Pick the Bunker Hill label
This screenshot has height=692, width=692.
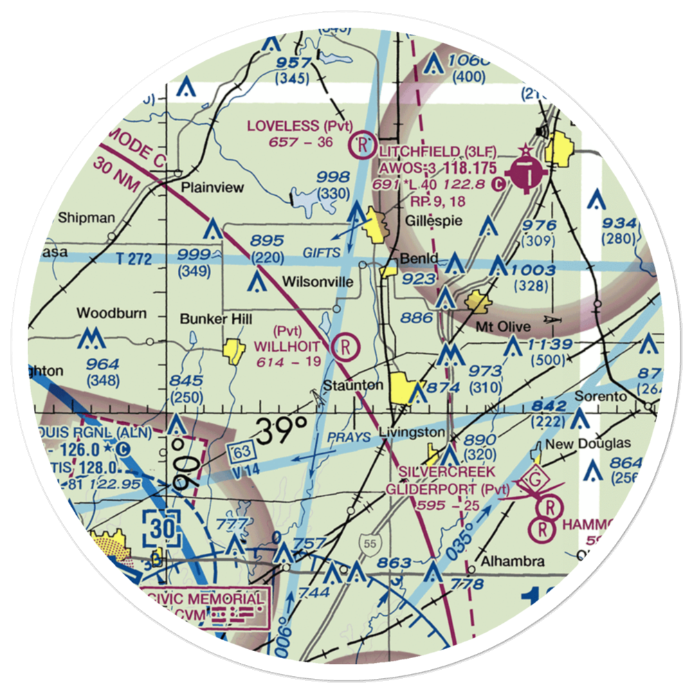[208, 319]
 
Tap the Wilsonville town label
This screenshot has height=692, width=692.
[318, 282]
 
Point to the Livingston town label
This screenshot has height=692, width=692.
[412, 432]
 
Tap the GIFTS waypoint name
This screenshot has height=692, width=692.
[321, 253]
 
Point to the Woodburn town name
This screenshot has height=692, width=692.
[111, 313]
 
